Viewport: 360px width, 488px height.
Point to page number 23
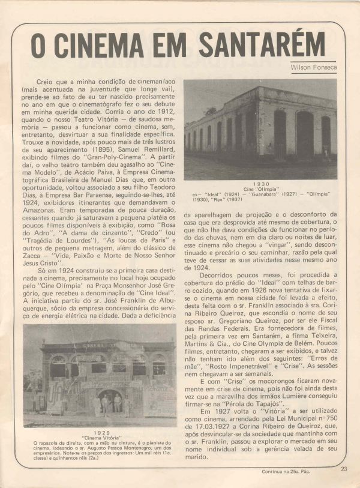tap(343, 469)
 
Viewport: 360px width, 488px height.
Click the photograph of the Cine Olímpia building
tap(260, 130)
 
